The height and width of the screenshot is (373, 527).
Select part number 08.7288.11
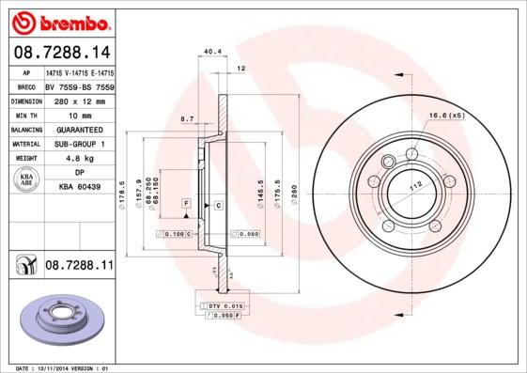coord(79,267)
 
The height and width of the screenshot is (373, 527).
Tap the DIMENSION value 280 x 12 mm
coord(78,99)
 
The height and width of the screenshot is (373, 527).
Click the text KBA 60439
coord(80,188)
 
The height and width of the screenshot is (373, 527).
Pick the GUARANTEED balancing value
coord(79,129)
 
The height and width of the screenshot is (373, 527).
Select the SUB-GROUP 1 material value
coord(79,144)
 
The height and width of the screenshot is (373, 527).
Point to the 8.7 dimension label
coord(186,119)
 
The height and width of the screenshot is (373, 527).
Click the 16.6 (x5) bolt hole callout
coord(446,116)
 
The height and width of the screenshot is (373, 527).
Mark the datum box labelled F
coord(188,204)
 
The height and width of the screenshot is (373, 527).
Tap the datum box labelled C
coord(218,204)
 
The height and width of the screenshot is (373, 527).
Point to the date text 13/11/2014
coord(57,368)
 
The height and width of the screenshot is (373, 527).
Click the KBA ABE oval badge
coord(26,180)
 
